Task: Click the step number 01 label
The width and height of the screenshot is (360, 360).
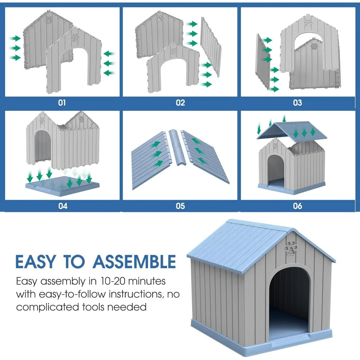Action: pos(62,103)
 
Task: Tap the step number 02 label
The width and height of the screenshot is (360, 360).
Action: pos(180,103)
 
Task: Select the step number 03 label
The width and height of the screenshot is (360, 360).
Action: pos(297,103)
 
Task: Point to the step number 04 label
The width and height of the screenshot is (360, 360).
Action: pos(63,206)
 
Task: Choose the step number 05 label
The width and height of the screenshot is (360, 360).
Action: pos(180,206)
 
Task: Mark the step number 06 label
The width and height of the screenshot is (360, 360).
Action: pos(298,206)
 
